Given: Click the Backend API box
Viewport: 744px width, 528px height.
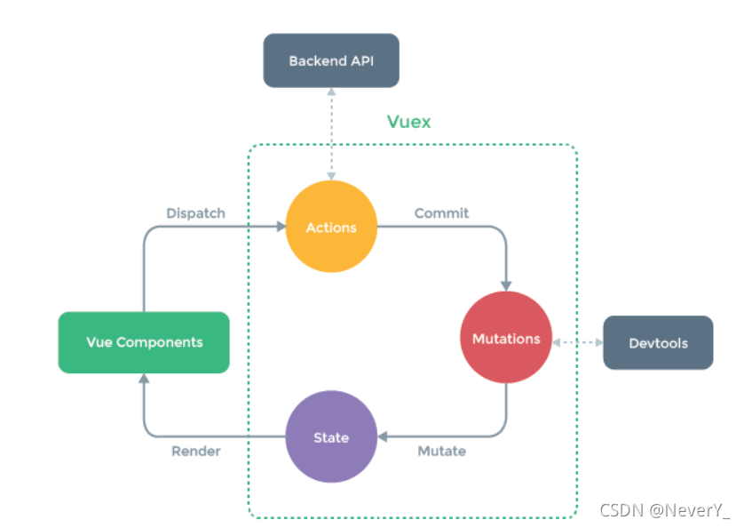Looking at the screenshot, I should tap(331, 60).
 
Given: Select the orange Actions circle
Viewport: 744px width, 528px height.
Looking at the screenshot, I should tap(331, 228).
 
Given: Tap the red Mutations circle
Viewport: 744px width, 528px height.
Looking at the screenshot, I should tap(506, 339).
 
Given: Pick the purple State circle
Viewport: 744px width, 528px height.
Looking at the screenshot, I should tap(331, 437).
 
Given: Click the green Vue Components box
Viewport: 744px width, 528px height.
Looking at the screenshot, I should tap(144, 342).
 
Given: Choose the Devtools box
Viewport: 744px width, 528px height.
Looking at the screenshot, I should tap(658, 343).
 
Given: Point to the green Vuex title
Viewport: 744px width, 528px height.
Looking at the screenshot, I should tap(408, 122).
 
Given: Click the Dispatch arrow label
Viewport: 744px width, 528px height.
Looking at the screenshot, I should tap(195, 213).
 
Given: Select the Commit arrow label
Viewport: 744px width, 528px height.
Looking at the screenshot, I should tap(441, 213).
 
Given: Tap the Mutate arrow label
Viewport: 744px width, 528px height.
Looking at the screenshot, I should tap(441, 451).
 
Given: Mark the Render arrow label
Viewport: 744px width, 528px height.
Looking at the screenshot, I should tap(195, 451).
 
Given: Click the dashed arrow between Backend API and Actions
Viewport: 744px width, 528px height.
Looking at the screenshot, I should tap(331, 133).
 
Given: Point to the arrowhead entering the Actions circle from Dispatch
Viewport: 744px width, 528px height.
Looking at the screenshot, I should tap(279, 228).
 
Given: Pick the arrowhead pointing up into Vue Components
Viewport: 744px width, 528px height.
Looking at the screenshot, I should tap(144, 380).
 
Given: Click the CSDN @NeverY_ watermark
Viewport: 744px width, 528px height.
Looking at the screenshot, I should tap(664, 510).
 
